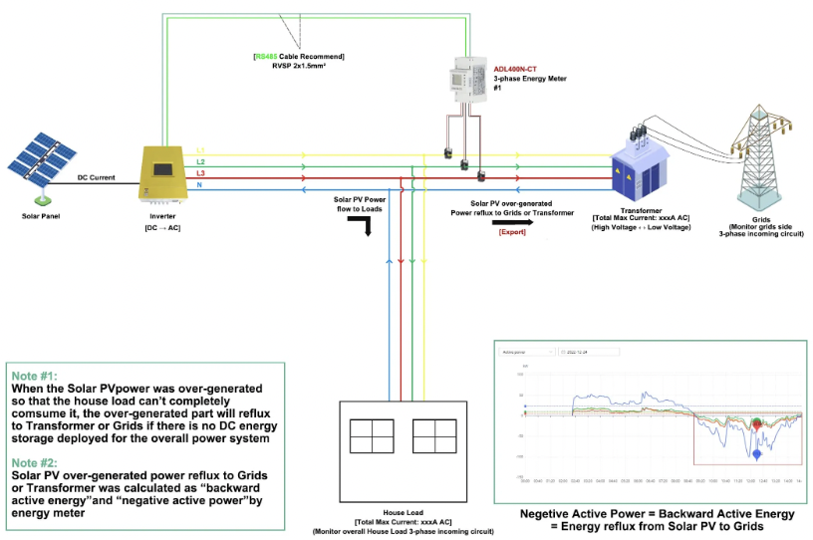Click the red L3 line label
point(201,173)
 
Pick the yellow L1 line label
point(200,149)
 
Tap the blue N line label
point(200,186)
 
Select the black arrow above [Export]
point(512,222)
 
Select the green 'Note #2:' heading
point(33,462)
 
